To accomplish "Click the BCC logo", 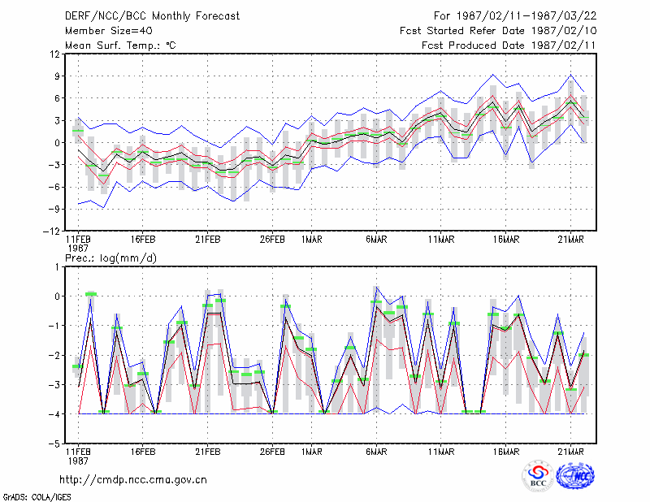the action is [538, 475].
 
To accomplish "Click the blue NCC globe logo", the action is [575, 475].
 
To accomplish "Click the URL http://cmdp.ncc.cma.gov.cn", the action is [133, 480].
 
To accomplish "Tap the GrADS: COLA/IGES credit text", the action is [37, 497].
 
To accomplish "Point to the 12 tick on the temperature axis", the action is [54, 54].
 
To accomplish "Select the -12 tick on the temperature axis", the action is [51, 231].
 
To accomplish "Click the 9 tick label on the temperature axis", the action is [57, 76].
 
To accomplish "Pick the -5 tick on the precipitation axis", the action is [54, 444].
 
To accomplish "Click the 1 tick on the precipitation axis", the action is [58, 267].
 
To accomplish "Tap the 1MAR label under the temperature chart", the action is [312, 240].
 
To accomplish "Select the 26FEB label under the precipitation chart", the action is [272, 452].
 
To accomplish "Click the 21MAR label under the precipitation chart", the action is [571, 452].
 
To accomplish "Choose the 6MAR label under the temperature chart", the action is [376, 240].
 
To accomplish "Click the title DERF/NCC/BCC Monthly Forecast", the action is [152, 16].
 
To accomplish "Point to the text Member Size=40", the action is [109, 31].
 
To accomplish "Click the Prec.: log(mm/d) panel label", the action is [110, 258].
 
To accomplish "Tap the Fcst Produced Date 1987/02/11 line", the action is [509, 45].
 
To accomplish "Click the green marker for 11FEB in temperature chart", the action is [78, 131].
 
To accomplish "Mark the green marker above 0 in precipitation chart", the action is [91, 294].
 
